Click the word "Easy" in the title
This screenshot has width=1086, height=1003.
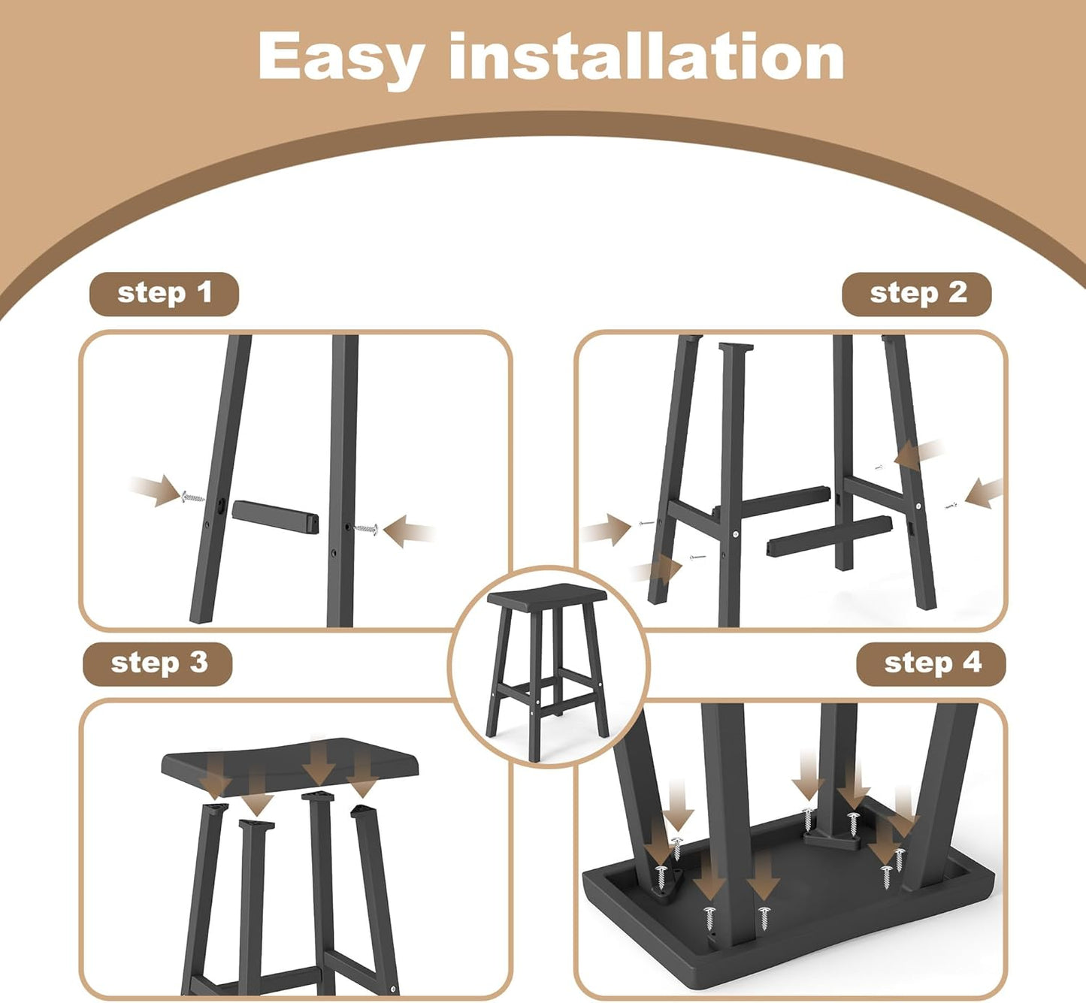(341, 58)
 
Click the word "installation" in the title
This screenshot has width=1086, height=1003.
(646, 56)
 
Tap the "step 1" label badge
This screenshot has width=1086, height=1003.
(164, 294)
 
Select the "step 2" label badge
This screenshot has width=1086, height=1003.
(917, 294)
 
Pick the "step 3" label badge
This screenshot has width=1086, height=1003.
(158, 663)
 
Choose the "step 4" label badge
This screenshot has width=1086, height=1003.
(931, 663)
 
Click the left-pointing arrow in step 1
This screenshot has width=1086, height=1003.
(407, 530)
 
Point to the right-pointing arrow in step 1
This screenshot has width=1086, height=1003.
(156, 490)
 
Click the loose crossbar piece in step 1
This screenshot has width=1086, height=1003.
(274, 516)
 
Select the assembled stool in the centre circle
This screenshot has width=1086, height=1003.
(548, 669)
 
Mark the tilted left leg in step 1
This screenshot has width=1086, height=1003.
(220, 481)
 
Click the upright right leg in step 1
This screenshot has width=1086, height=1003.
(342, 481)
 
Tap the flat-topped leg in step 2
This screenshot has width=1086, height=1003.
(731, 481)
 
